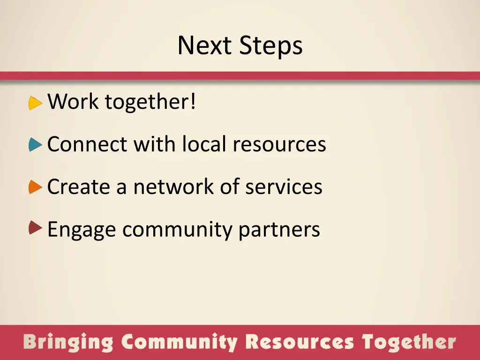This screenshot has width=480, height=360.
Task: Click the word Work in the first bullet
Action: coord(74,102)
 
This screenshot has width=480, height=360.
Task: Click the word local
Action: coord(204,144)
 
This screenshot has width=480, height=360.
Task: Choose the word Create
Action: coord(79,187)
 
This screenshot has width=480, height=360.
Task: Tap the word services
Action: coord(284,187)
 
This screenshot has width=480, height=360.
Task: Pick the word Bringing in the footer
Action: coord(68,342)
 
